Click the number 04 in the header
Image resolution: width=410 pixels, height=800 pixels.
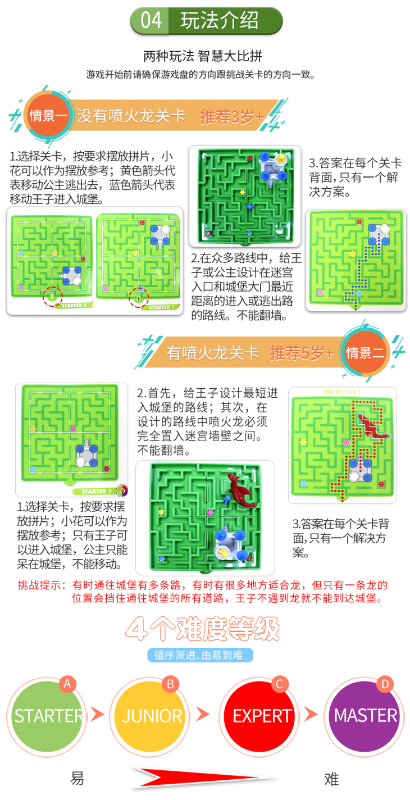click(x=151, y=20)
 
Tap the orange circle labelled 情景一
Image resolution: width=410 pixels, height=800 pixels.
click(x=48, y=115)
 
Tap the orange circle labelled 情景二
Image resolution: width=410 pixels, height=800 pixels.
click(x=365, y=353)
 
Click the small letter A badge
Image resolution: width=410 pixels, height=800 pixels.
click(x=67, y=684)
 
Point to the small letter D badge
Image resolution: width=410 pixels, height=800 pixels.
click(x=385, y=684)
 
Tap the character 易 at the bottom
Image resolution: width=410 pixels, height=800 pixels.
click(x=77, y=779)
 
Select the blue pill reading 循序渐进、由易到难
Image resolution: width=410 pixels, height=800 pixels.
click(x=200, y=655)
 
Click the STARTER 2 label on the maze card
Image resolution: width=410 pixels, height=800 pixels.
click(x=74, y=306)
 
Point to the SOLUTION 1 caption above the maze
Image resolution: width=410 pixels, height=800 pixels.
click(x=342, y=392)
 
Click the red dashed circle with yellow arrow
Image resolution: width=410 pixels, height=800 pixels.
click(x=52, y=297)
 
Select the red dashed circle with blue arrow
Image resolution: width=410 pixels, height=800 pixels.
click(x=139, y=298)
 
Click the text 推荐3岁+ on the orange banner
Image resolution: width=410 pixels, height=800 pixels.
click(x=231, y=116)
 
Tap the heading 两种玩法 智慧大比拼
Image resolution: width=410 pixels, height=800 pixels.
click(x=203, y=56)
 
